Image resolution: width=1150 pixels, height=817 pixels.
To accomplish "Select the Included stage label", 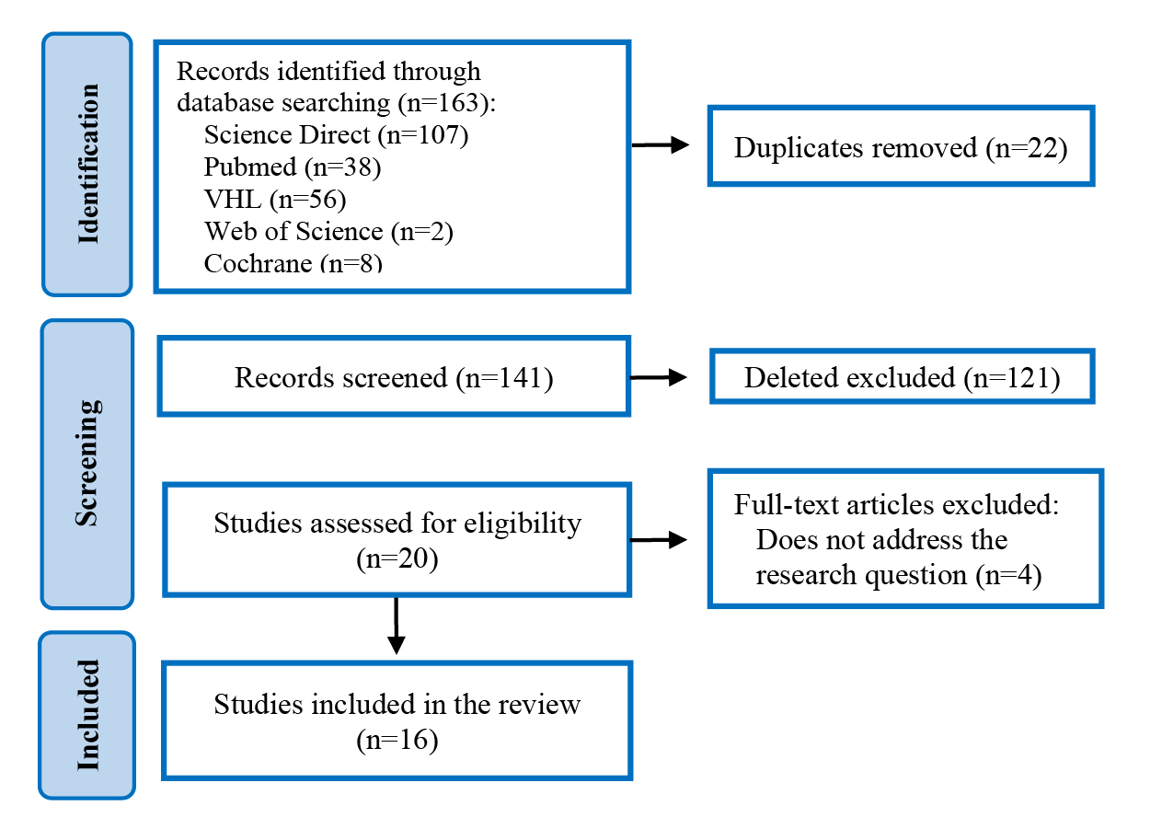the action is coord(87,715).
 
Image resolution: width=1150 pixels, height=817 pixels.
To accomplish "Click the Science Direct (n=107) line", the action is coord(337,135).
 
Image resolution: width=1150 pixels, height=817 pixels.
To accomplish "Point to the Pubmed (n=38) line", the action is coord(293,167).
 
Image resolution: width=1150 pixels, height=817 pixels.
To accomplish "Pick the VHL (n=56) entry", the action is coord(275,200).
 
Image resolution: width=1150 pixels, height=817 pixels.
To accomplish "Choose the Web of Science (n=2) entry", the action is coord(328,232).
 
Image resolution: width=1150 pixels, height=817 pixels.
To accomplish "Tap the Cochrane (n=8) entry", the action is coord(293,263).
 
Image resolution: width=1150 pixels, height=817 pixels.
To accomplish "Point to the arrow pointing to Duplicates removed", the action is coord(661,145).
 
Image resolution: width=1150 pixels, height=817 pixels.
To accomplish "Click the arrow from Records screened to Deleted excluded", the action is coord(659,377).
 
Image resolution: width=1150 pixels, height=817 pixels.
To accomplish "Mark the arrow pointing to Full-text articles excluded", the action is coord(659,540).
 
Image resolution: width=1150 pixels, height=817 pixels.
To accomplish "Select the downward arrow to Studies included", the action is coord(397,626).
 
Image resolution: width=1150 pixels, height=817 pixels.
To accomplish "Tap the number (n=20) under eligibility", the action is coord(397,559).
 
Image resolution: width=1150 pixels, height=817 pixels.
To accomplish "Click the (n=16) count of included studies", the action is coord(397,741).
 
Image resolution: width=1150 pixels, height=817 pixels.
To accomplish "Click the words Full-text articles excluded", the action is coord(896,505).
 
